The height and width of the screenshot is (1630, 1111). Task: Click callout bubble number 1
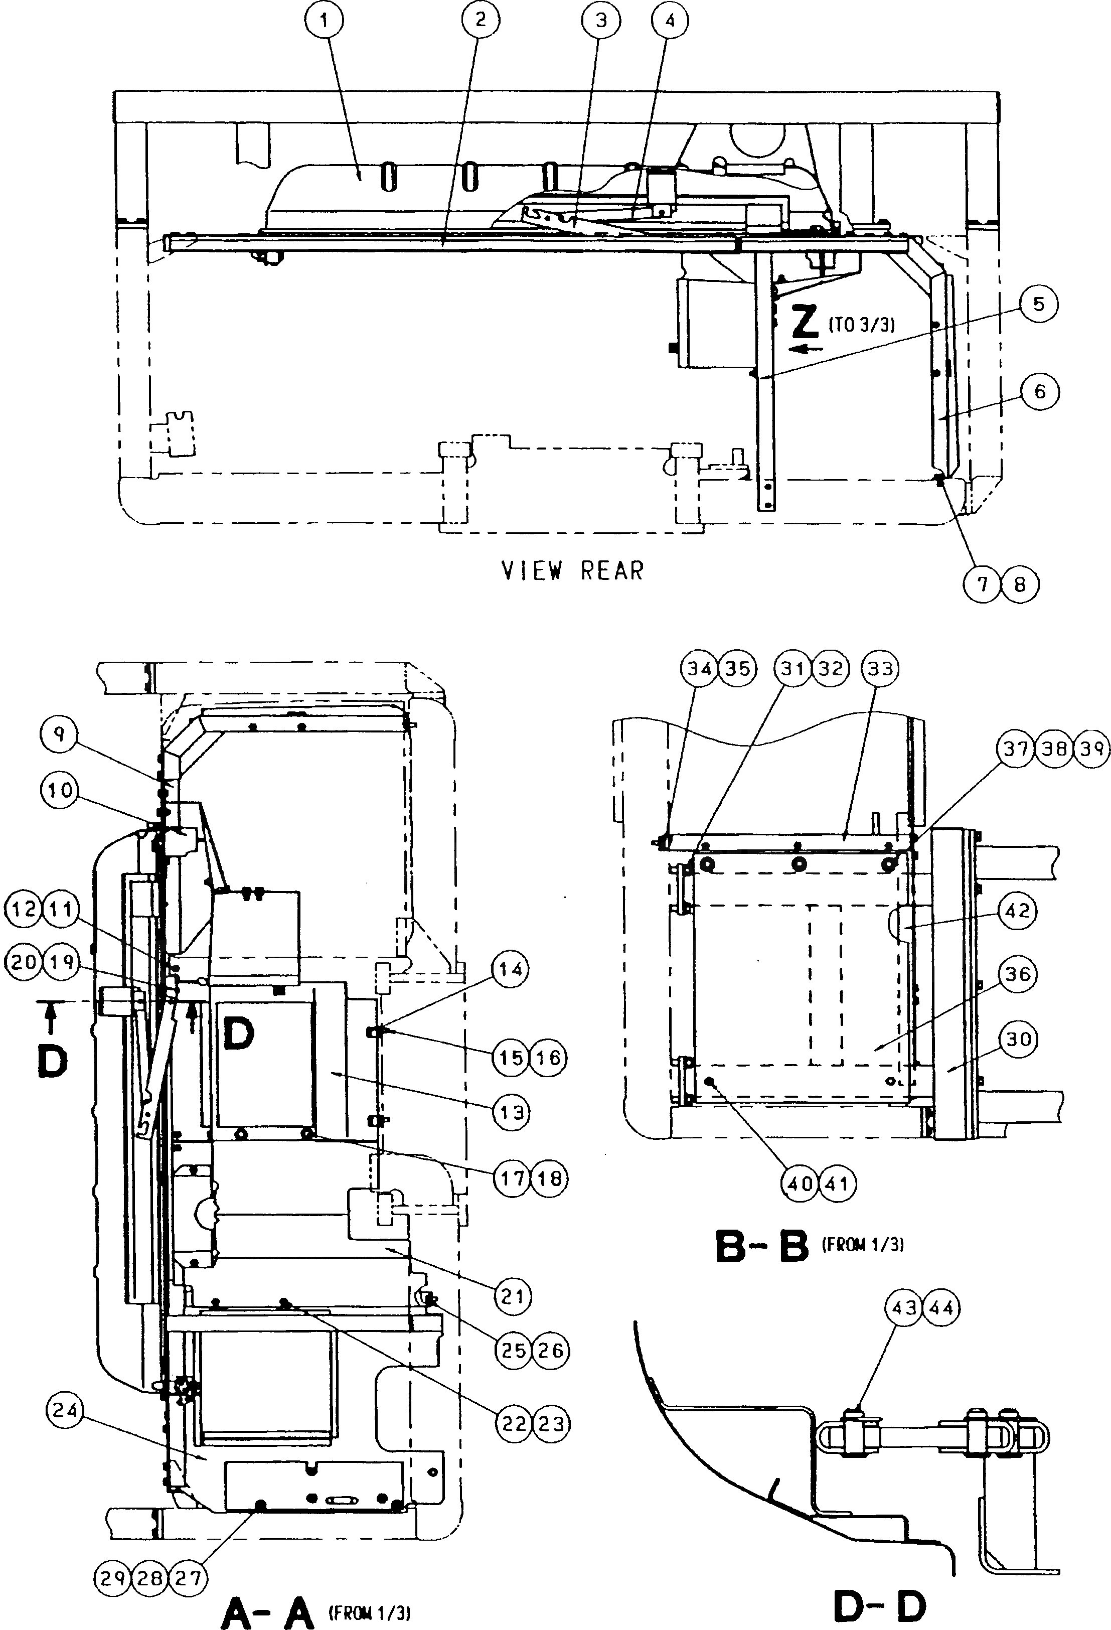pyautogui.click(x=324, y=21)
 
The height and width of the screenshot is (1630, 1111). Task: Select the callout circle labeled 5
pyautogui.click(x=1039, y=305)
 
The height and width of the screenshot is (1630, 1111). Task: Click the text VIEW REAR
pyautogui.click(x=572, y=570)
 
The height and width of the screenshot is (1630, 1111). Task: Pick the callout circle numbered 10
pyautogui.click(x=60, y=791)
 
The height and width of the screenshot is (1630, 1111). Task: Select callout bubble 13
pyautogui.click(x=511, y=1112)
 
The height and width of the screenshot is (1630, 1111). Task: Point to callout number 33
pyautogui.click(x=880, y=668)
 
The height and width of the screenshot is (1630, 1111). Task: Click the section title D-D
pyautogui.click(x=880, y=1604)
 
